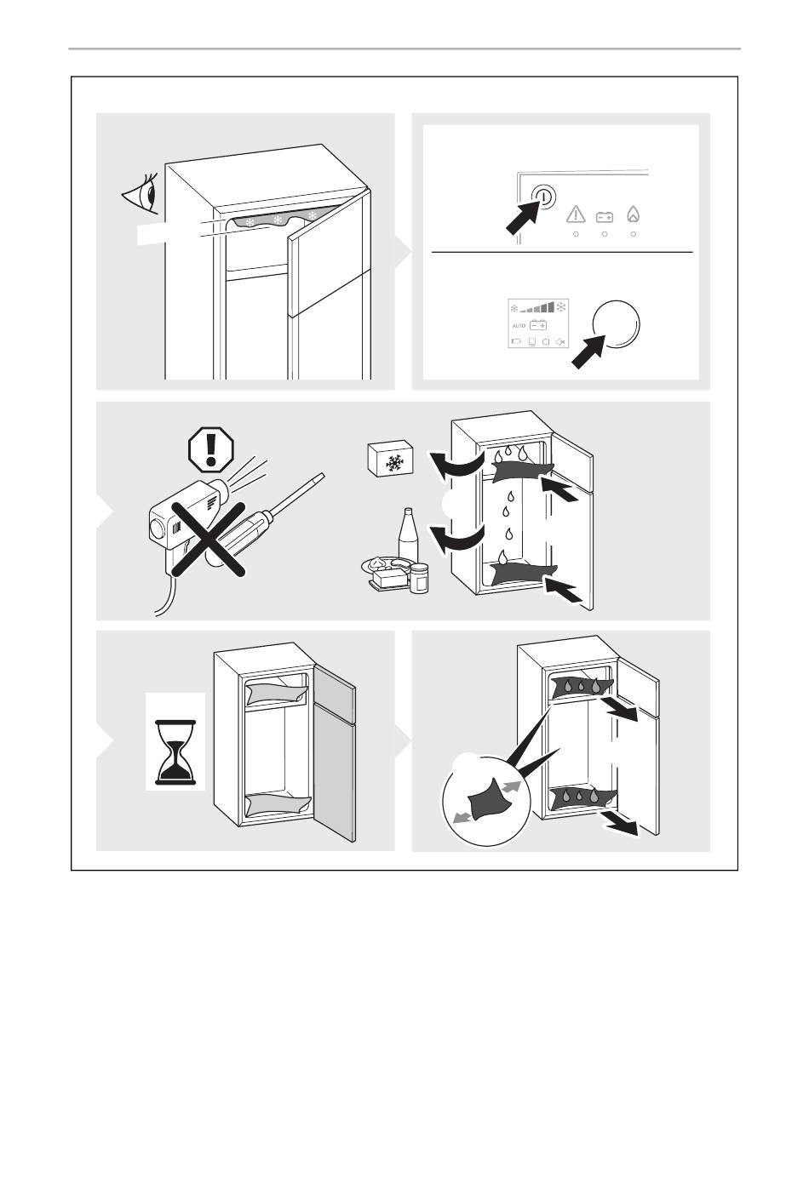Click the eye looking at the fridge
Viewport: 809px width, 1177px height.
point(141,194)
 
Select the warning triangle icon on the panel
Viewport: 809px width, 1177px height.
point(576,214)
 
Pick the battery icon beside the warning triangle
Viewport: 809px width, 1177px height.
point(605,216)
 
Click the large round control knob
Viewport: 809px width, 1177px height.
point(616,324)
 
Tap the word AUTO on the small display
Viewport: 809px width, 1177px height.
point(519,326)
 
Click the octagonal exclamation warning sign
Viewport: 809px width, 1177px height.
point(211,450)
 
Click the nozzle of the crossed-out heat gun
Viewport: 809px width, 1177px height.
point(220,489)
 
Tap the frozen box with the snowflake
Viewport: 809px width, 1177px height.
point(391,458)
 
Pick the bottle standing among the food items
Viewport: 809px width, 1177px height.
point(409,536)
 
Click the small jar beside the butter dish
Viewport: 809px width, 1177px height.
point(419,578)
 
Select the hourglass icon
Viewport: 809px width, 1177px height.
point(175,752)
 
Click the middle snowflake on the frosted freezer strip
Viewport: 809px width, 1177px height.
point(279,219)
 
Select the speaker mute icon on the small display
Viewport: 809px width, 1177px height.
point(560,342)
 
